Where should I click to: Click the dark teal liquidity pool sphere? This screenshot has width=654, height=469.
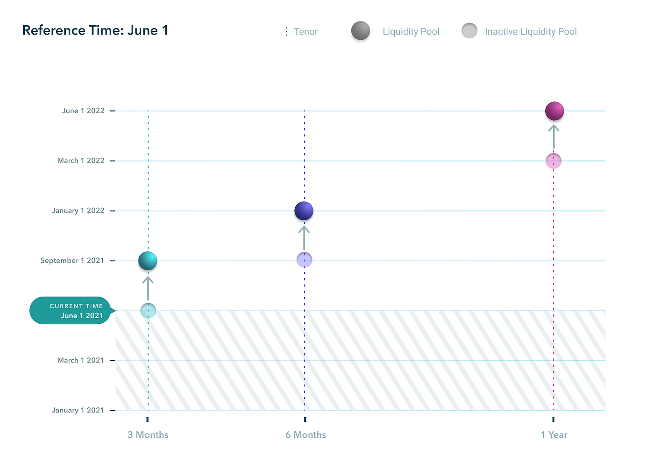[148, 261]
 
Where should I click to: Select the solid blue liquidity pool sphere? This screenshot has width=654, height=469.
[304, 211]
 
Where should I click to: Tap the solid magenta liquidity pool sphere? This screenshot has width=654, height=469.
[554, 111]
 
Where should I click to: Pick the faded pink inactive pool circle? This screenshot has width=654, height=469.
[554, 161]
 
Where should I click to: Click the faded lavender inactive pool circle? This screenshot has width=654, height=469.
[304, 260]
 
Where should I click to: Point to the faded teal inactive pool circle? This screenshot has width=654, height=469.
[148, 311]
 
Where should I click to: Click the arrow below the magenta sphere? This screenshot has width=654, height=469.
[554, 136]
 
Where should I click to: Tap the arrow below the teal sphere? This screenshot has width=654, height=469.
[148, 288]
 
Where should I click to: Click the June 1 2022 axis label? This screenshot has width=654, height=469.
[83, 111]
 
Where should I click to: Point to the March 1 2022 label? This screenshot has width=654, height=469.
[81, 161]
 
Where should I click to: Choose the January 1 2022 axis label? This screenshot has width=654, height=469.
[78, 211]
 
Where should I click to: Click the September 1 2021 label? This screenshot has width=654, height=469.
[72, 261]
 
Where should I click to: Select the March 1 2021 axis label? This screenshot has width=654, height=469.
[81, 360]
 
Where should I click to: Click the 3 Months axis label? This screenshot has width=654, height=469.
[148, 435]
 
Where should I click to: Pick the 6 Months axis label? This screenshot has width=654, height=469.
[306, 435]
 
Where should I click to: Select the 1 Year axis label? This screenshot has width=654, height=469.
[554, 435]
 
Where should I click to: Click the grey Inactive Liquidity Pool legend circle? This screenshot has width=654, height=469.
[469, 31]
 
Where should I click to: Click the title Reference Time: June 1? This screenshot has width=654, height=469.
[95, 30]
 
